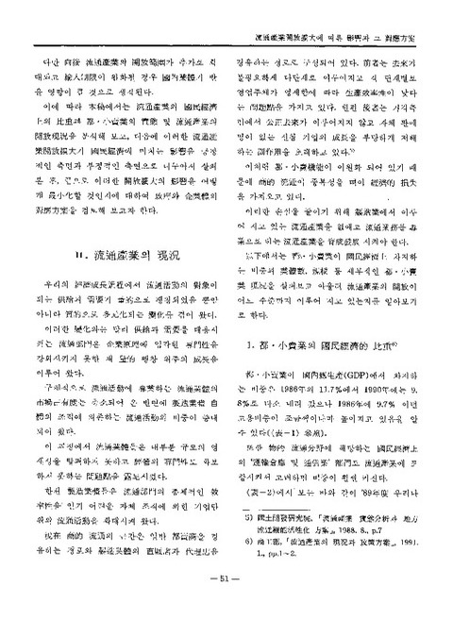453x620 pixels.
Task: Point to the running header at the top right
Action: tap(330, 16)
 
